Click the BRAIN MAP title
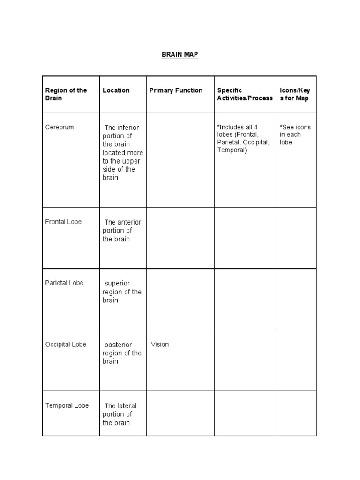click(x=180, y=55)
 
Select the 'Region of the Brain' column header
click(x=66, y=94)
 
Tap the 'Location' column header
click(x=116, y=90)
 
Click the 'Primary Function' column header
click(x=176, y=90)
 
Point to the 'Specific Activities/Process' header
click(x=245, y=94)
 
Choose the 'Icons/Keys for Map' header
click(x=295, y=94)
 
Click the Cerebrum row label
click(x=60, y=127)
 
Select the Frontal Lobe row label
click(x=63, y=222)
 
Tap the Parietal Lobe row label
click(x=64, y=283)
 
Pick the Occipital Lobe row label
click(x=66, y=345)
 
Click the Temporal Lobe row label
click(x=67, y=405)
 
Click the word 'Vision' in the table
click(x=160, y=345)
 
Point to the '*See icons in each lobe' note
click(x=295, y=135)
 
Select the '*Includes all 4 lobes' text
click(x=243, y=139)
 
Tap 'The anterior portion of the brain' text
click(x=122, y=231)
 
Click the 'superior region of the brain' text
click(x=122, y=292)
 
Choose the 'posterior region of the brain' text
click(x=122, y=353)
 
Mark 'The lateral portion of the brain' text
click(x=120, y=414)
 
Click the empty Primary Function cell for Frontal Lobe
click(x=180, y=238)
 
